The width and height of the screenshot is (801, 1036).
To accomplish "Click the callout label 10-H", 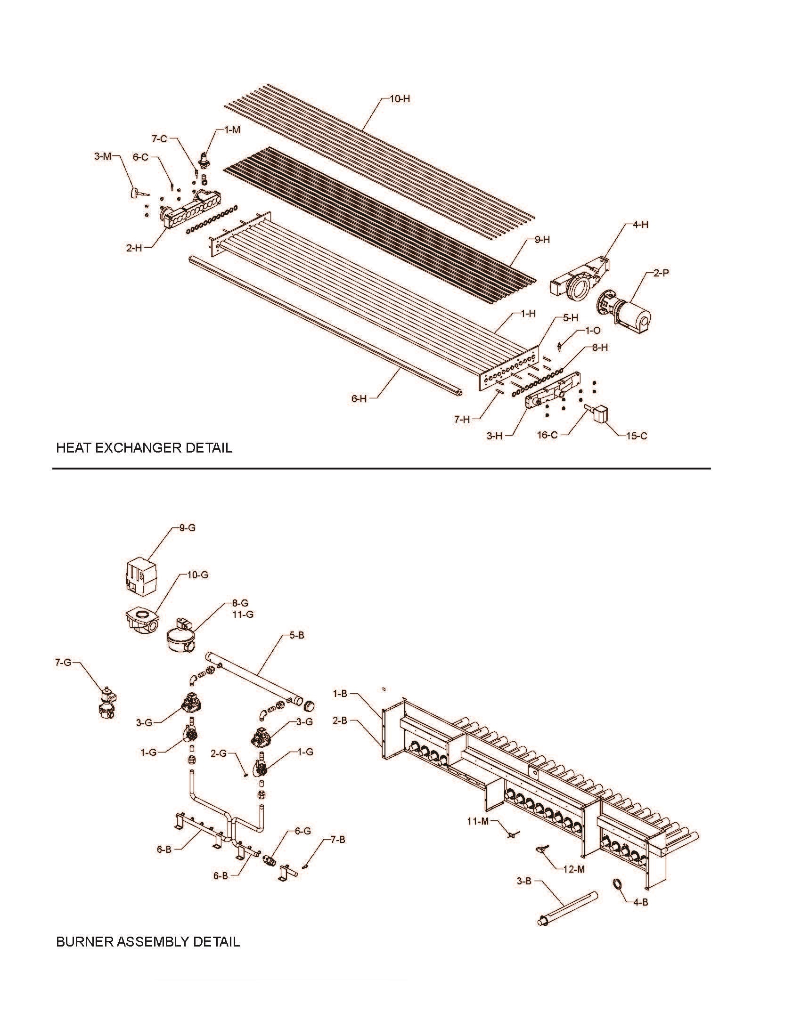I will pyautogui.click(x=400, y=99).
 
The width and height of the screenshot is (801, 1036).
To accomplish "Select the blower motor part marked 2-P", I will pyautogui.click(x=624, y=310).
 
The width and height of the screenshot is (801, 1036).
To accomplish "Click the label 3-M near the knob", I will pyautogui.click(x=102, y=156).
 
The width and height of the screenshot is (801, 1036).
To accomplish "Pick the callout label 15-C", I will pyautogui.click(x=637, y=436).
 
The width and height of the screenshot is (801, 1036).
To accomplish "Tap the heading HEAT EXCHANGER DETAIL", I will pyautogui.click(x=144, y=448).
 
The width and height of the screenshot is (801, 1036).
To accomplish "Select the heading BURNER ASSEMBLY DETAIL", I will pyautogui.click(x=147, y=942).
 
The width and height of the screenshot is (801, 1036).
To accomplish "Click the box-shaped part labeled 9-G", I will pyautogui.click(x=141, y=575).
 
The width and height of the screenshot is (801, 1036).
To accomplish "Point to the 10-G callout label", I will pyautogui.click(x=197, y=575).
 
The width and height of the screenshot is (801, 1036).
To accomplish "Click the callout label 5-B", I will pyautogui.click(x=296, y=635).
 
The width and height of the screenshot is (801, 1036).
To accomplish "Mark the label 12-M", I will pyautogui.click(x=574, y=869).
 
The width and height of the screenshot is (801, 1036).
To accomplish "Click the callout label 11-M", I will pyautogui.click(x=478, y=819).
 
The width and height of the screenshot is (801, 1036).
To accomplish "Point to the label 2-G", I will pyautogui.click(x=219, y=753).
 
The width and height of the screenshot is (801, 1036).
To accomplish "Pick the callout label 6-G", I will pyautogui.click(x=303, y=831).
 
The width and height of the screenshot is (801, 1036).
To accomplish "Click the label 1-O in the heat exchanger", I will pyautogui.click(x=593, y=330).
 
